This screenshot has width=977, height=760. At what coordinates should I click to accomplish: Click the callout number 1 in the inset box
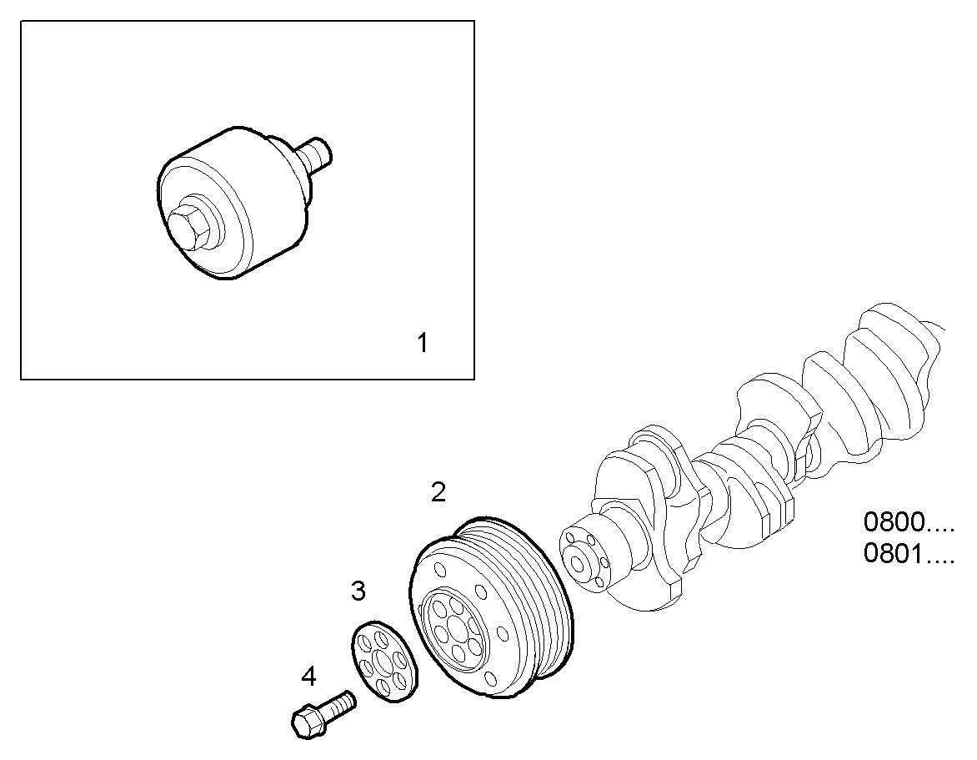pyautogui.click(x=423, y=342)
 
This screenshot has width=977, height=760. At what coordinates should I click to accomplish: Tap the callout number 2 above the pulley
pyautogui.click(x=438, y=492)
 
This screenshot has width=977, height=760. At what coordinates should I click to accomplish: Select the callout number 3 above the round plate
pyautogui.click(x=358, y=591)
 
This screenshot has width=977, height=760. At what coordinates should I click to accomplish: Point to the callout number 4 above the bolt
pyautogui.click(x=308, y=676)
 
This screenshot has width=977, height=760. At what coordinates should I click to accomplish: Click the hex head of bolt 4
pyautogui.click(x=306, y=721)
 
